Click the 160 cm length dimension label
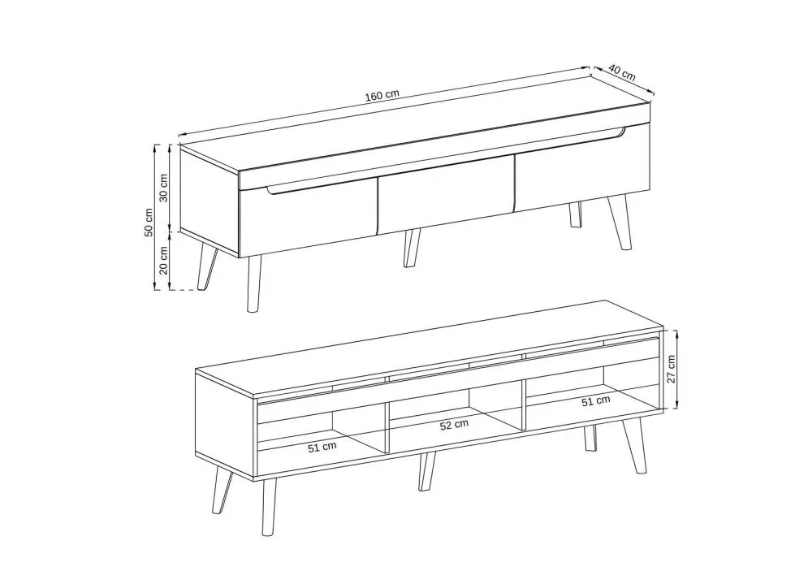382,95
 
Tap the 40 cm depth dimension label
622,72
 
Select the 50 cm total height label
149,222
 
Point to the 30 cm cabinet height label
164,188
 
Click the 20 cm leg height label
164,260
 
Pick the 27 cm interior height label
672,369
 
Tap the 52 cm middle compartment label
454,425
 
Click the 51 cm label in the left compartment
322,447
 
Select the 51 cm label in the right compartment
596,400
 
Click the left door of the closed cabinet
308,219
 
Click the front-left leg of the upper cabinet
253,283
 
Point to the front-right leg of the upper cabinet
620,222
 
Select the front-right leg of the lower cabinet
634,445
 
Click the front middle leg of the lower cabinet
427,472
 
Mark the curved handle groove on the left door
319,188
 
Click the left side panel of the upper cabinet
210,201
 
